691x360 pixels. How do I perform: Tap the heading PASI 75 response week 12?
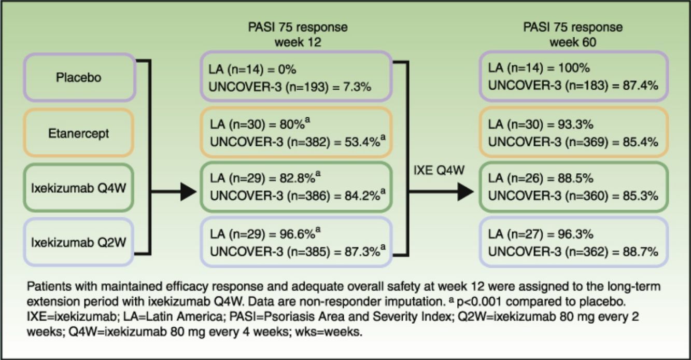pos(297,34)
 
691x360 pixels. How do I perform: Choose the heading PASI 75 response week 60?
pos(572,34)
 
